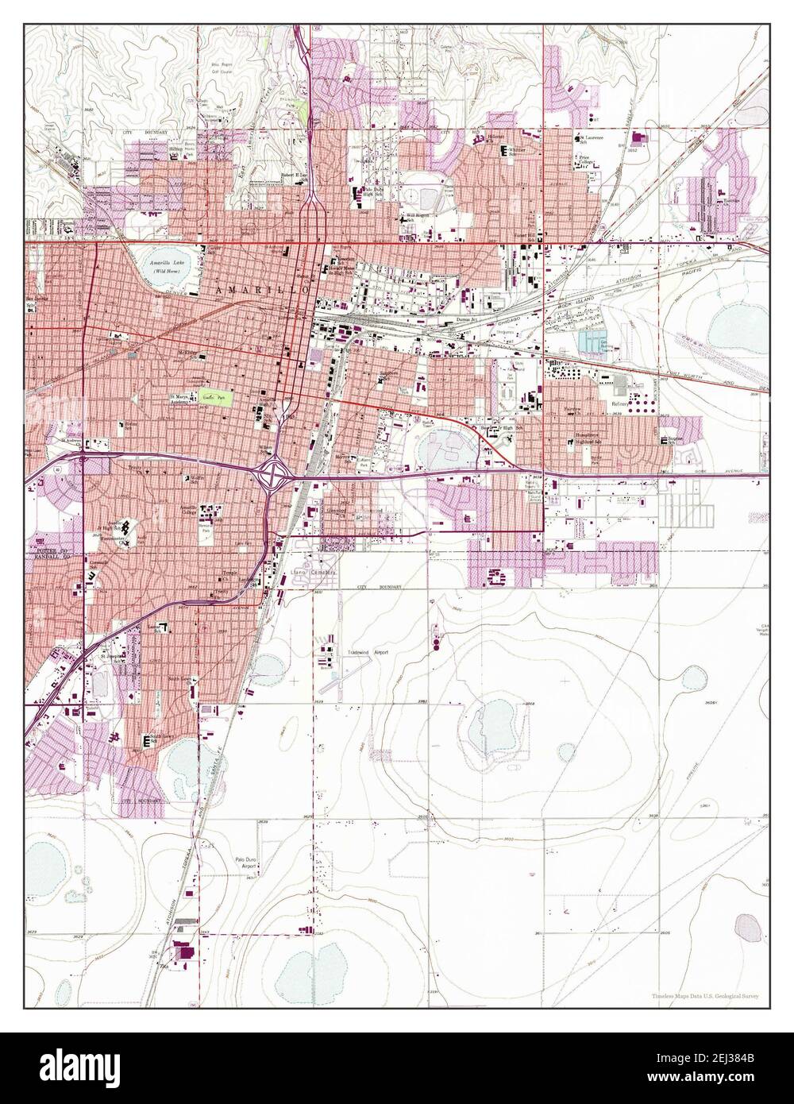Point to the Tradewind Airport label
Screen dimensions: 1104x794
[x=367, y=652]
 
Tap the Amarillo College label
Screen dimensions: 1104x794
[x=188, y=509]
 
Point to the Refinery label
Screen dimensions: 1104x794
[x=619, y=403]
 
